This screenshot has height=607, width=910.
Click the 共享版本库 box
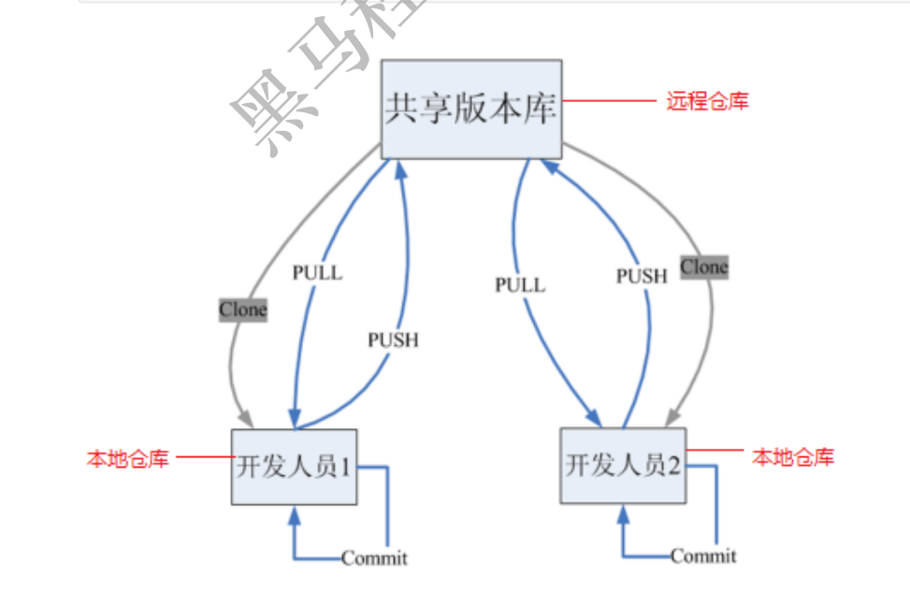click(471, 108)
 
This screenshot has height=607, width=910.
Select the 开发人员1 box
click(295, 466)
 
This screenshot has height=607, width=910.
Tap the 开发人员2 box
click(623, 465)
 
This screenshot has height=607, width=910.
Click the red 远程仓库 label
click(707, 101)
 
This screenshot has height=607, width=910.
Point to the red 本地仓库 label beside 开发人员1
click(127, 458)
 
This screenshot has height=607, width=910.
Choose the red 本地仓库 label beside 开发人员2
click(792, 457)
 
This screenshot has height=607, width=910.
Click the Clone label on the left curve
click(243, 310)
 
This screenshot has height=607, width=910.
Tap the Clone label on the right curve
click(703, 267)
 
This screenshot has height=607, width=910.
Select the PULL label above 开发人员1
click(317, 273)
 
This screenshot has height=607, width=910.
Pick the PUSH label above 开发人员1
click(393, 340)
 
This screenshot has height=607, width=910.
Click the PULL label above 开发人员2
click(520, 284)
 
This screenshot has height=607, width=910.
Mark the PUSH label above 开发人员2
click(642, 276)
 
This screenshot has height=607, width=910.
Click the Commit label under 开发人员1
click(374, 559)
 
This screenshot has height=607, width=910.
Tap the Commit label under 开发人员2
click(703, 556)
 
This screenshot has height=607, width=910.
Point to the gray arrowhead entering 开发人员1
click(244, 417)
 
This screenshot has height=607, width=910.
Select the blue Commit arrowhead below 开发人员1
click(295, 515)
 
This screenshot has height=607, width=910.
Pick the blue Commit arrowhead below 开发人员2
click(623, 514)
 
